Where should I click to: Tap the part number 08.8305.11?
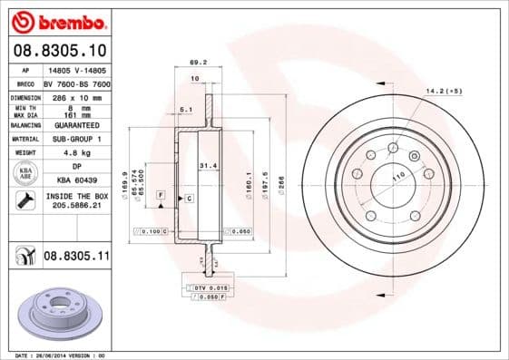[x=77, y=258]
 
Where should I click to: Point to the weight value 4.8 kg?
[x=77, y=152]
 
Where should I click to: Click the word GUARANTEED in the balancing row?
[x=77, y=126]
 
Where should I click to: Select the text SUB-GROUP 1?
[x=77, y=139]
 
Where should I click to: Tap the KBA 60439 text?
[x=77, y=180]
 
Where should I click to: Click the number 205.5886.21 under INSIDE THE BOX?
[x=77, y=208]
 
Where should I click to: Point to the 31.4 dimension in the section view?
[x=208, y=166]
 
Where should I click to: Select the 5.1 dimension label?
[x=186, y=110]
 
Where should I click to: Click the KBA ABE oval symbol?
[x=26, y=173]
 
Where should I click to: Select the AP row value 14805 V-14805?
[x=77, y=69]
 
